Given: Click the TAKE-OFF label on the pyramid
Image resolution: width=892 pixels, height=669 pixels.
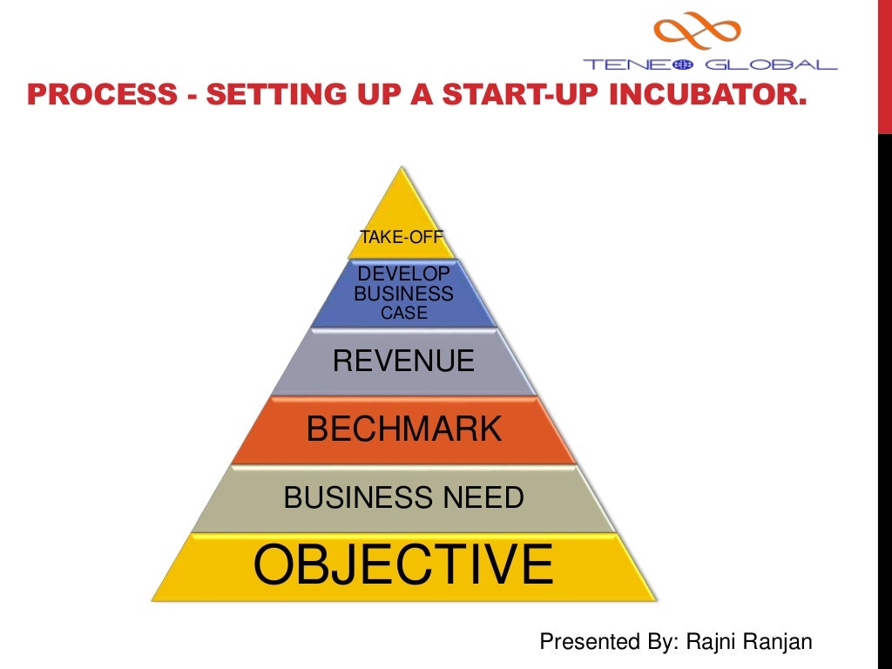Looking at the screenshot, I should pyautogui.click(x=402, y=236).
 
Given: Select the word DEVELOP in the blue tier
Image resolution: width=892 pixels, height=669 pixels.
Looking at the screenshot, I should pyautogui.click(x=403, y=275).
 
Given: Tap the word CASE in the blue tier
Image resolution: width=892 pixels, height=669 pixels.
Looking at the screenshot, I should pyautogui.click(x=403, y=313).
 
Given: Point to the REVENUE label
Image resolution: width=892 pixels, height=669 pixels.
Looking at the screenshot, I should pyautogui.click(x=403, y=361).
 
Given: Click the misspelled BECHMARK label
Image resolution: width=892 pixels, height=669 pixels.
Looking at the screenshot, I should pyautogui.click(x=404, y=429).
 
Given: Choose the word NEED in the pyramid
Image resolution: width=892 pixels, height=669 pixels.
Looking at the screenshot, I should pyautogui.click(x=481, y=498).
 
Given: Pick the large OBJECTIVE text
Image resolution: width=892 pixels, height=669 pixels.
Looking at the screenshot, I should pyautogui.click(x=403, y=564).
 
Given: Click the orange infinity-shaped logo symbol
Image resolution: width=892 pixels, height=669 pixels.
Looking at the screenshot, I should pyautogui.click(x=698, y=31).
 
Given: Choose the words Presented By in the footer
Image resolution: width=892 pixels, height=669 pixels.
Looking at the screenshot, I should pyautogui.click(x=601, y=643).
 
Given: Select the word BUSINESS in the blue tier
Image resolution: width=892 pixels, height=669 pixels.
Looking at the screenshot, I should pyautogui.click(x=403, y=294).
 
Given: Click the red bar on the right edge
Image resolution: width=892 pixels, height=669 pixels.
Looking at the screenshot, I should pyautogui.click(x=884, y=65).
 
